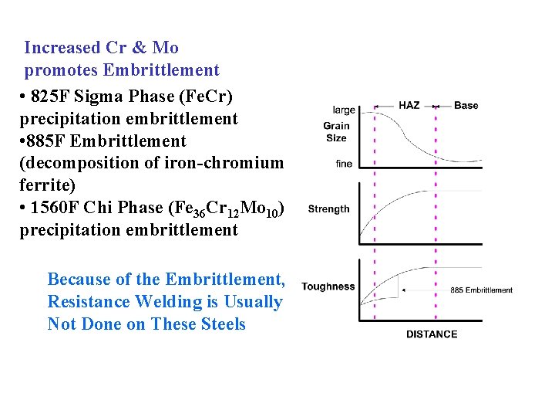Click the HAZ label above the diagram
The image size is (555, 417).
(409, 105)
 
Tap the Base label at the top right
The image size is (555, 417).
(466, 105)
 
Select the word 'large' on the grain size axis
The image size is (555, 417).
(344, 110)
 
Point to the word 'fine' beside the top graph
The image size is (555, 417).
(344, 164)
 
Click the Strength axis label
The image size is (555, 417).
(328, 208)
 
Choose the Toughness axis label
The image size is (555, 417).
(328, 286)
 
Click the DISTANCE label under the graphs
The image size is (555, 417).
(432, 334)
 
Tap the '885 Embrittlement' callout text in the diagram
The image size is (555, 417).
(481, 290)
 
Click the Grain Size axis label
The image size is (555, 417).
(336, 132)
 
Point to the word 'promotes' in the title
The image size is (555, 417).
(61, 70)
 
